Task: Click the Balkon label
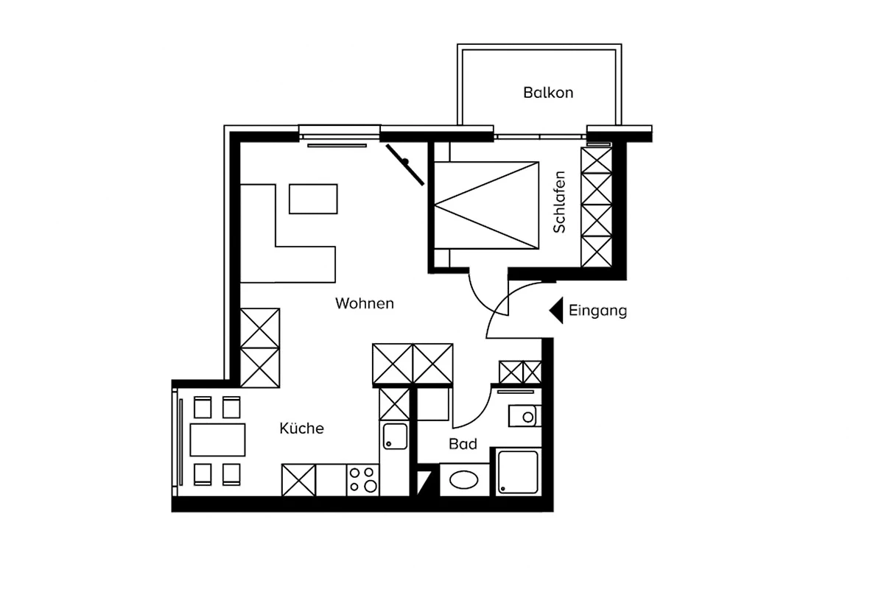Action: (x=548, y=93)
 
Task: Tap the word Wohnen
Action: (x=364, y=303)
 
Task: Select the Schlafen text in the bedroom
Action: (x=559, y=202)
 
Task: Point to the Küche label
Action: (x=301, y=428)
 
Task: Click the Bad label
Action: (x=463, y=444)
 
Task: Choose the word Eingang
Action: (x=597, y=311)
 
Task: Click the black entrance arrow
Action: (x=556, y=311)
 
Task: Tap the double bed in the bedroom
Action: (x=486, y=205)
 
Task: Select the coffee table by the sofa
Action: (x=313, y=200)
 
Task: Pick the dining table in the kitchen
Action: (x=217, y=440)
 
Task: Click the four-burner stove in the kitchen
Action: (x=362, y=480)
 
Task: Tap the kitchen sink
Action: (x=395, y=437)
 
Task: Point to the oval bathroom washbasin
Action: (x=464, y=480)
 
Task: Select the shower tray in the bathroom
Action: (x=518, y=472)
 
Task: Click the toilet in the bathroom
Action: (x=525, y=416)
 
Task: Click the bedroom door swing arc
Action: (x=479, y=300)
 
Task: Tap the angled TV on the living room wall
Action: (x=405, y=165)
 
